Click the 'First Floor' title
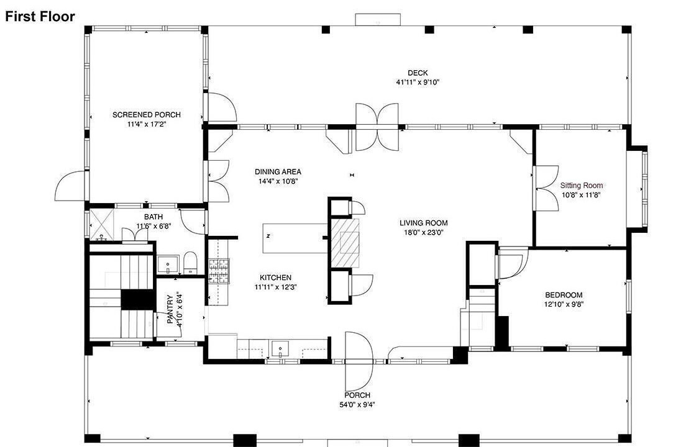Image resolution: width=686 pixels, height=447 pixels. [x=40, y=17]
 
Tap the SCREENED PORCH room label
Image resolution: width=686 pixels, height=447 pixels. [x=147, y=115]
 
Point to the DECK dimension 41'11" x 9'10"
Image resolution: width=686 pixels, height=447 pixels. [x=418, y=82]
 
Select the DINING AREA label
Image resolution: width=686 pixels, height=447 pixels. [x=278, y=172]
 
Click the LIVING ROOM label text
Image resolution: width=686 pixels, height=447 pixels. [x=424, y=223]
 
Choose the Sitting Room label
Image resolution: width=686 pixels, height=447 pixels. [x=582, y=185]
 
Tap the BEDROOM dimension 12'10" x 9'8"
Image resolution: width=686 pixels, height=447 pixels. [x=564, y=305]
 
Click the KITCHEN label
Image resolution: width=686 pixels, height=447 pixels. [x=276, y=278]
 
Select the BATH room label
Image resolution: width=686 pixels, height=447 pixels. [x=153, y=217]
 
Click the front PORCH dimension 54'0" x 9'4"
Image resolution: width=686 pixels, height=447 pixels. [x=357, y=405]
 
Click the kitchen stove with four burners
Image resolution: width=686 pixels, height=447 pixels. [x=218, y=271]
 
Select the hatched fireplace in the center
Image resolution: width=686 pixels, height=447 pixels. [x=345, y=243]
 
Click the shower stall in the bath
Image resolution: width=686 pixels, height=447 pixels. [x=101, y=225]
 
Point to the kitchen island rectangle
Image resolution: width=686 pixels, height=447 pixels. [x=295, y=238]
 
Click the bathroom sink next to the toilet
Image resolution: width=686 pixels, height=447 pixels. [x=168, y=264]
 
